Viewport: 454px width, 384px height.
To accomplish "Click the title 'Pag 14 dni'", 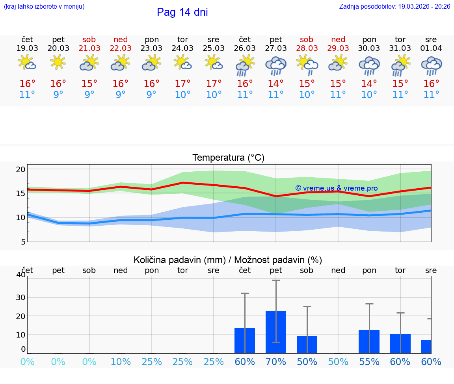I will (182, 12).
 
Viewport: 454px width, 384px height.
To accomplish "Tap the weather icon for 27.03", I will (275, 65).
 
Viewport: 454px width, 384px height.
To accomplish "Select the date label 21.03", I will (89, 48).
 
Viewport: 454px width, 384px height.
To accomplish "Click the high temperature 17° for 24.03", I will (182, 84).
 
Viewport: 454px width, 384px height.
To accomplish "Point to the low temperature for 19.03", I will (27, 95).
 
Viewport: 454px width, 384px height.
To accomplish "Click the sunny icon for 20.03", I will (58, 62).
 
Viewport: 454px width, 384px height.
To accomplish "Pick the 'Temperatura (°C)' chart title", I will (228, 158).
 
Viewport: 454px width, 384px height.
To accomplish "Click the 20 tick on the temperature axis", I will (20, 169).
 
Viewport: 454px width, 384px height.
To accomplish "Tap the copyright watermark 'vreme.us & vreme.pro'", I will (337, 188).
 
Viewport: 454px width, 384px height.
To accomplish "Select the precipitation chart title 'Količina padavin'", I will (228, 260).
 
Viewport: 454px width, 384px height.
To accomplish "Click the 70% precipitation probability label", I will (276, 362).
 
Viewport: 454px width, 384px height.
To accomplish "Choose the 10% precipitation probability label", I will (121, 362).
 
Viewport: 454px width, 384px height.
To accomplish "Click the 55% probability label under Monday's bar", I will (369, 362).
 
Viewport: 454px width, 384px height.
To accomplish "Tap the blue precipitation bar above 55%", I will (369, 341).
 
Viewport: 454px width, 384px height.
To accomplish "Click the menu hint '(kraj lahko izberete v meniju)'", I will (44, 7).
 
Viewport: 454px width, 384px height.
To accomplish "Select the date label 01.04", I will (431, 48).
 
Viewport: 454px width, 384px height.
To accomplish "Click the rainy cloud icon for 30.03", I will (369, 65).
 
